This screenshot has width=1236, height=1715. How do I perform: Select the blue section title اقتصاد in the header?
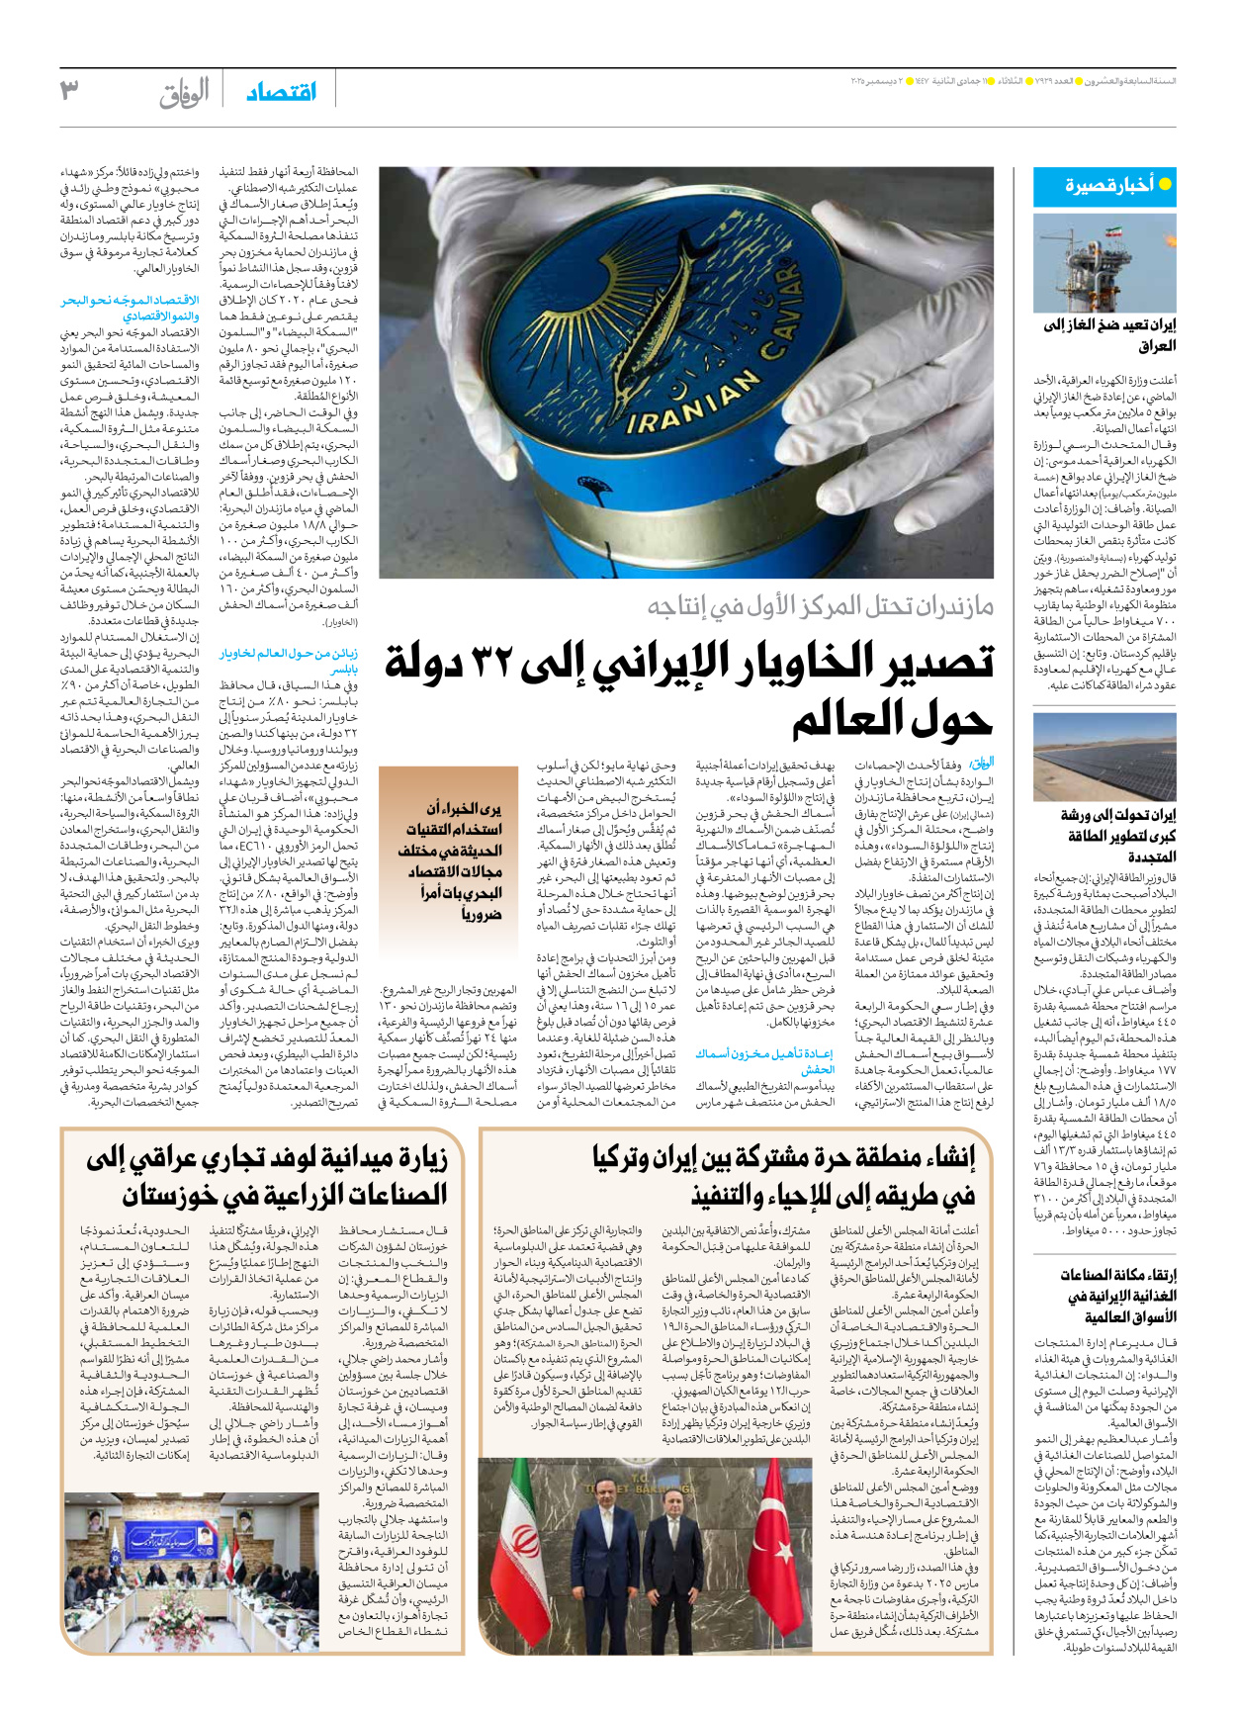[x=281, y=92]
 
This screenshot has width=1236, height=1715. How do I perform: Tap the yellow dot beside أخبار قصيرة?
[x=1165, y=184]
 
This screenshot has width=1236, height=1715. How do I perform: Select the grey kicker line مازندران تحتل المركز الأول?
[x=821, y=605]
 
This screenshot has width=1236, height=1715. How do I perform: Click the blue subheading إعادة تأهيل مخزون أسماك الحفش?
[x=764, y=1060]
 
